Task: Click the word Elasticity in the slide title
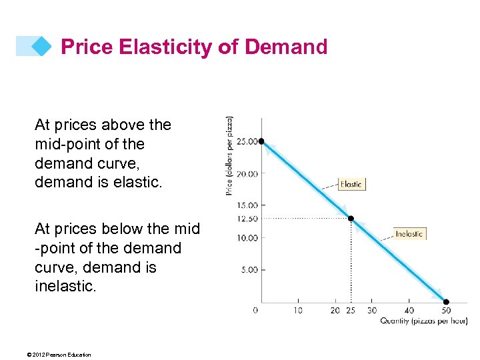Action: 155,47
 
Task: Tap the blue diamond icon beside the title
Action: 41,46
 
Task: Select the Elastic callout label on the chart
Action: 351,184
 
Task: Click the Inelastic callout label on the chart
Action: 409,234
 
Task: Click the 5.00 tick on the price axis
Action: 249,270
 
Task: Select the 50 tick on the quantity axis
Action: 446,310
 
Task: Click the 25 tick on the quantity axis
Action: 351,310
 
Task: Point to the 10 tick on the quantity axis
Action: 297,310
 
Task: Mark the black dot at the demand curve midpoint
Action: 351,219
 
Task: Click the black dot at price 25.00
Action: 262,141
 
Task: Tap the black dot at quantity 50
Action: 446,301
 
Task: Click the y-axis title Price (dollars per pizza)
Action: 229,156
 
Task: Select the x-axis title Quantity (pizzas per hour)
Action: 423,321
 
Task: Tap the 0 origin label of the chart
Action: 256,310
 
